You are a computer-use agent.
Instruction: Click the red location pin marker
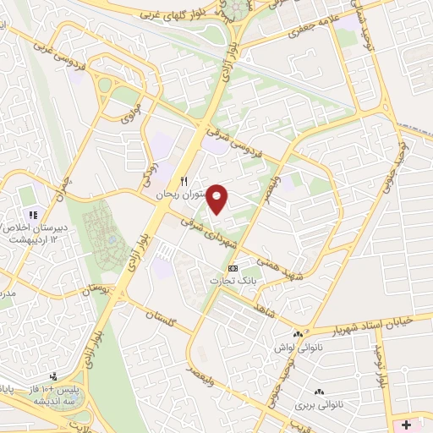point(217,198)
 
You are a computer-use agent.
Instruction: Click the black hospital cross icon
point(406,423)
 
